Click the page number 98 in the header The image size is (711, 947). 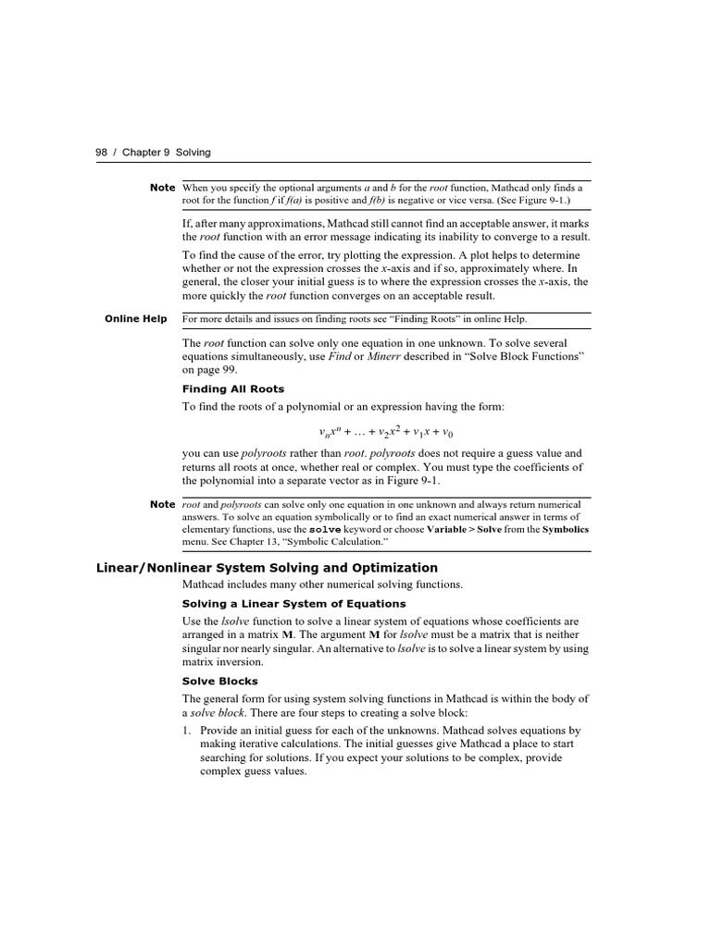click(x=102, y=153)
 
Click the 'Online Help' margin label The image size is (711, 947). click(x=135, y=319)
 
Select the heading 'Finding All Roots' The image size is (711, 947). click(x=233, y=388)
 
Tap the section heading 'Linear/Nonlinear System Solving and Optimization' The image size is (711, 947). click(x=268, y=568)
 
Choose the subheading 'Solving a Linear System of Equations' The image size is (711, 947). click(x=294, y=604)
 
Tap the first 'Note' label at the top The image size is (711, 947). click(x=162, y=188)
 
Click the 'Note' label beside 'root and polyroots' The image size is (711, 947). click(x=162, y=504)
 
